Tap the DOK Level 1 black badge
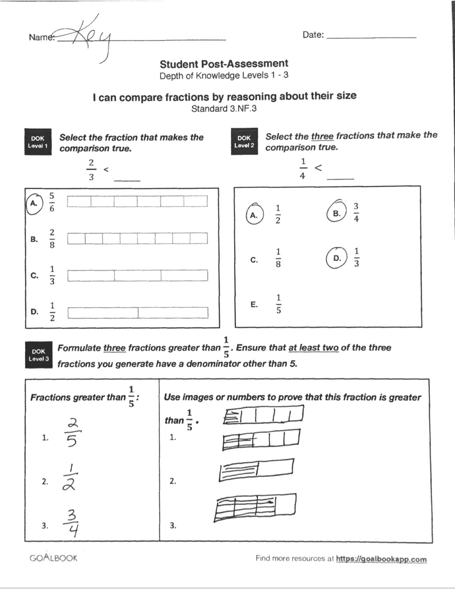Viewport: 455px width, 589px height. point(38,142)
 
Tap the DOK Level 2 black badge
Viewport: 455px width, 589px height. point(244,141)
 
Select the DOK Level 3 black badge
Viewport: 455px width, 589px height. point(38,355)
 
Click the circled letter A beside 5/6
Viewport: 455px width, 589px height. point(34,203)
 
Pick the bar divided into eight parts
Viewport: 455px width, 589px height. point(137,238)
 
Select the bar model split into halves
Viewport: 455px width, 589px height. point(138,313)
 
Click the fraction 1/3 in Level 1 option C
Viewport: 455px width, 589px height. point(52,276)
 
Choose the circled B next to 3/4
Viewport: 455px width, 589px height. point(337,213)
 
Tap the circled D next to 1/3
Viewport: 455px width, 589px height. point(337,258)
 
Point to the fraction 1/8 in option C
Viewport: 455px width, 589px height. point(278,258)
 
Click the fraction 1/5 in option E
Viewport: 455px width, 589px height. point(278,304)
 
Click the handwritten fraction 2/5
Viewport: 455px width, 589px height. point(72,433)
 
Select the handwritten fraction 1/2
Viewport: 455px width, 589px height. point(70,478)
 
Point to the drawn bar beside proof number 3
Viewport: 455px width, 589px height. point(255,507)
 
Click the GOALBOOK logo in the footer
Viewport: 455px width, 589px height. point(53,558)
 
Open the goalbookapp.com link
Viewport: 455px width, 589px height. point(381,559)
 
